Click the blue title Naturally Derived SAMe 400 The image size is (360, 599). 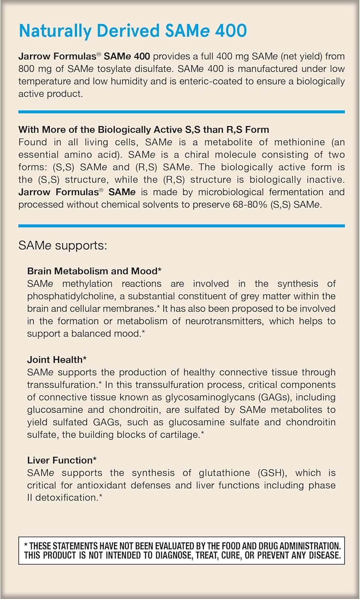(133, 31)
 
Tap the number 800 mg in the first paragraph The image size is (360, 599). (35, 69)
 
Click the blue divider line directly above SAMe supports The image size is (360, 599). (181, 226)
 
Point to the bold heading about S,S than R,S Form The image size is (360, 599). (143, 129)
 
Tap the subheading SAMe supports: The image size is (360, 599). (63, 245)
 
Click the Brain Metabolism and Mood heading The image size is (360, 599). (94, 271)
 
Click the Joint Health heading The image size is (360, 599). (57, 360)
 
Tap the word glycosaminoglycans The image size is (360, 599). (210, 397)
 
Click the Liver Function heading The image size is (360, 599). (62, 460)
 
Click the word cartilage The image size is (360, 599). (178, 434)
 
